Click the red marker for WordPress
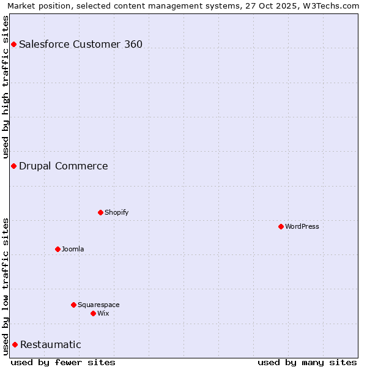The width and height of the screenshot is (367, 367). click(281, 226)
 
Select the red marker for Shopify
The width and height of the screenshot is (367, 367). click(100, 212)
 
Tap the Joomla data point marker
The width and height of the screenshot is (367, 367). click(57, 249)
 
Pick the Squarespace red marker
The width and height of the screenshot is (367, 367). click(73, 305)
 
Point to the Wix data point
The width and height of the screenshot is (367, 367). click(93, 313)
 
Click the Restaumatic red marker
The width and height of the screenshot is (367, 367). click(15, 344)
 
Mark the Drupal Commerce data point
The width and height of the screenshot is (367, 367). click(13, 166)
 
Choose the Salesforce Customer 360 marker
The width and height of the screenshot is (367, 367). click(13, 44)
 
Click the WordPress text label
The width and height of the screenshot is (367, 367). click(302, 226)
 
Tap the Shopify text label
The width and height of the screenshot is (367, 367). click(117, 212)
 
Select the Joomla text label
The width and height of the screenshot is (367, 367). click(73, 249)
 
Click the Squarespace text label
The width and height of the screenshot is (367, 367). click(98, 305)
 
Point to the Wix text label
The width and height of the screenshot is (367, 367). click(103, 313)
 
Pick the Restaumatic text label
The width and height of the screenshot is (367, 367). click(51, 344)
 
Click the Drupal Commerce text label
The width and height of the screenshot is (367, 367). click(64, 166)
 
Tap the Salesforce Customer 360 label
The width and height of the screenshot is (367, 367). click(81, 44)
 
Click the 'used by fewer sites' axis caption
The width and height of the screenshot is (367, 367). click(63, 362)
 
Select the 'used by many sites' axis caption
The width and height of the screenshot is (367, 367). click(307, 362)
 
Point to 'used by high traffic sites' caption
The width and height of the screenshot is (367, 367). click(6, 87)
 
